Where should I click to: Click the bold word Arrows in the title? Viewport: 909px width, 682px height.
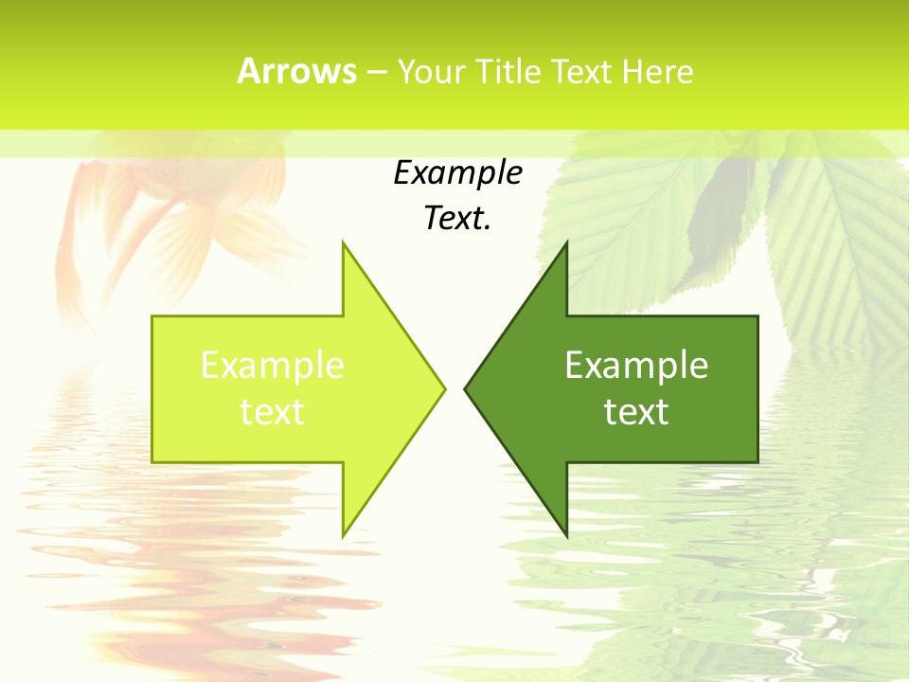pos(296,72)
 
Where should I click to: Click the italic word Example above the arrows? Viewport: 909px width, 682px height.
pos(457,173)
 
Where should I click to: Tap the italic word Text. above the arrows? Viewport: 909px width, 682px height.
pos(457,218)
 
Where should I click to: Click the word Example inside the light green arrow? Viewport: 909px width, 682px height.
pos(273,366)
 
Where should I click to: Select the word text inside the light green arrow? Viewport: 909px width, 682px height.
pos(273,412)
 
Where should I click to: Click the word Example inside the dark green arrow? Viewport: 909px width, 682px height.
pos(636,366)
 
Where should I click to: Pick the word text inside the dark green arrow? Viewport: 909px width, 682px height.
pos(636,412)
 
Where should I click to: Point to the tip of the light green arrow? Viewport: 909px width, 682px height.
pos(444,388)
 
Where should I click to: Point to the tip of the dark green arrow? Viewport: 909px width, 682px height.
pos(465,388)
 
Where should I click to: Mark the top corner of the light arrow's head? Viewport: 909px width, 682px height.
pos(343,242)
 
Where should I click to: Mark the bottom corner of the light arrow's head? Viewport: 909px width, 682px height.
pos(343,535)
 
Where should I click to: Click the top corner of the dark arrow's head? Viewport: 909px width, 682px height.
pos(566,242)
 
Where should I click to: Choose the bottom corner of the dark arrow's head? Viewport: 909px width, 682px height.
pos(566,535)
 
